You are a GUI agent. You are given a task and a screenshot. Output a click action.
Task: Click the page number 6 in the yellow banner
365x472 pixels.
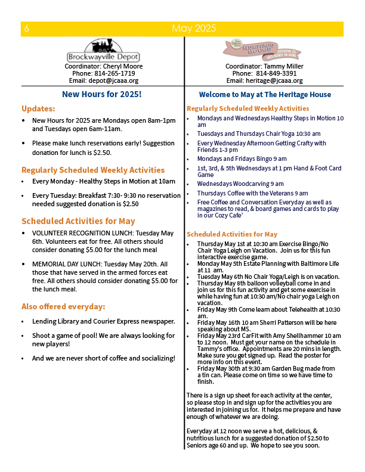point(27,29)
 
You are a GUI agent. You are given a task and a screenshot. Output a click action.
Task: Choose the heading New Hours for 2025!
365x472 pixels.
point(102,94)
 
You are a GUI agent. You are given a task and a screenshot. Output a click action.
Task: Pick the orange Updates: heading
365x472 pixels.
point(38,109)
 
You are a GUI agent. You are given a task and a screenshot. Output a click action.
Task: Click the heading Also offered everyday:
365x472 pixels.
point(63,307)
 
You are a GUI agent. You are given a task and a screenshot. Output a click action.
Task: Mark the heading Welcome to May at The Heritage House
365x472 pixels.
point(265,95)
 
